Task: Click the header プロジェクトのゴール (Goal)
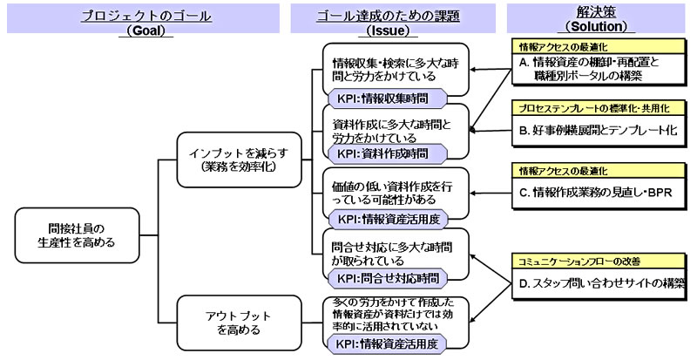click(143, 22)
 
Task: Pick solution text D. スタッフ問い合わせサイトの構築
click(602, 282)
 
